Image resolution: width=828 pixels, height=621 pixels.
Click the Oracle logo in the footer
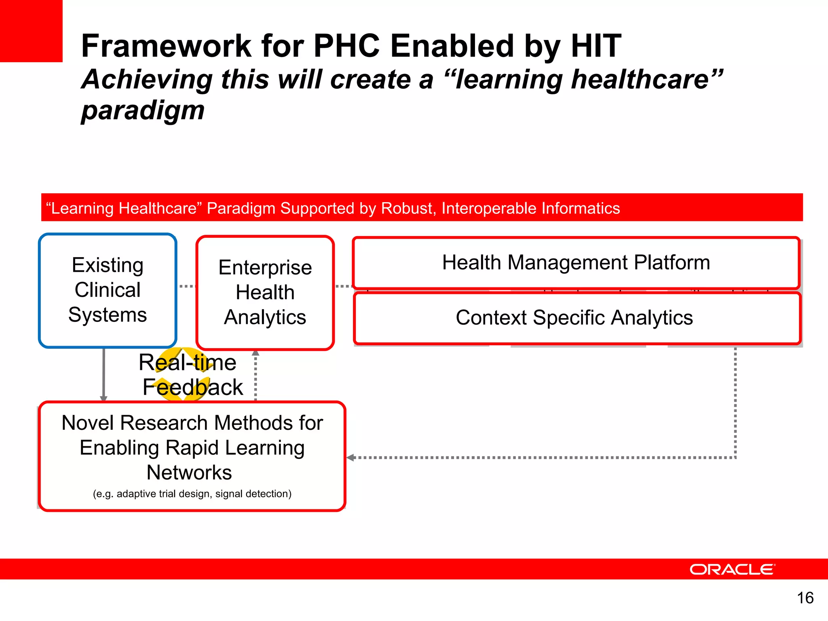point(732,569)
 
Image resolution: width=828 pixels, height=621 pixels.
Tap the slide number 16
point(805,598)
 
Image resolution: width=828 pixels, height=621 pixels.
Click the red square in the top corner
point(31,31)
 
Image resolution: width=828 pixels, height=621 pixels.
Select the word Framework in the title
point(166,46)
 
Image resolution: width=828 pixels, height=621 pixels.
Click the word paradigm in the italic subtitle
point(143,110)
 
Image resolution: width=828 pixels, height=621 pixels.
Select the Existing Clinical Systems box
point(108,290)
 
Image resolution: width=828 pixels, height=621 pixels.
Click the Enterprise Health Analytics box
point(265,292)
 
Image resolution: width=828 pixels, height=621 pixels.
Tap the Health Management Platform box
point(576,262)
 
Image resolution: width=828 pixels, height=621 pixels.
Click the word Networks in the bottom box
point(189,473)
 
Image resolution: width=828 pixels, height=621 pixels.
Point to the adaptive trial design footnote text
point(192,494)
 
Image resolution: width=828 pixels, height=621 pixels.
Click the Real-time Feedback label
point(190,374)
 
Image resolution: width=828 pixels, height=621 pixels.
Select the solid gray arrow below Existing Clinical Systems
point(104,374)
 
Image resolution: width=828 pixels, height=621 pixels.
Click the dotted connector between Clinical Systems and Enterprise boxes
point(186,286)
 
